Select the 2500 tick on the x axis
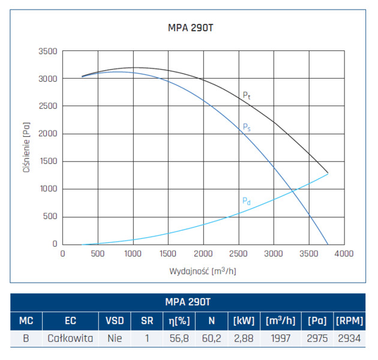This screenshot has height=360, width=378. (x=238, y=254)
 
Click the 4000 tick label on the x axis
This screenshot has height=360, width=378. (x=343, y=254)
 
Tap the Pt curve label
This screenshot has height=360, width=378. (x=246, y=95)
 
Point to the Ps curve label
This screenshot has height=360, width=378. (x=246, y=127)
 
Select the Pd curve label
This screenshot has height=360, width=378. (x=246, y=201)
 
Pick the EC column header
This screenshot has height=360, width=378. (x=71, y=320)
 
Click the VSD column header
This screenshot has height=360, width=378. (x=114, y=320)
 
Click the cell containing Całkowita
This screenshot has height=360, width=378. (x=71, y=338)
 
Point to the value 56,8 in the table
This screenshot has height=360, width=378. (x=179, y=338)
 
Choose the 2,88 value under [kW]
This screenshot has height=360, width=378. (x=244, y=338)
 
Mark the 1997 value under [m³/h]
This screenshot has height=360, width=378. (x=281, y=338)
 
